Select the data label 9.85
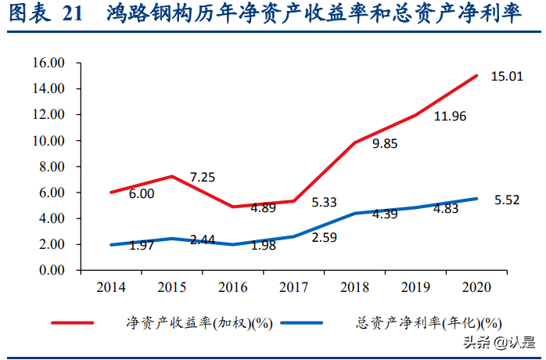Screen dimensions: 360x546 (386, 143)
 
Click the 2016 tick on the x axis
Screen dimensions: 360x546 (233, 287)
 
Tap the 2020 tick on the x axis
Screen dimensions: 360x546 (477, 287)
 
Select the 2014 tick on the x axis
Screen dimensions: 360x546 (111, 287)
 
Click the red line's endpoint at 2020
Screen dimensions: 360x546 (477, 76)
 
